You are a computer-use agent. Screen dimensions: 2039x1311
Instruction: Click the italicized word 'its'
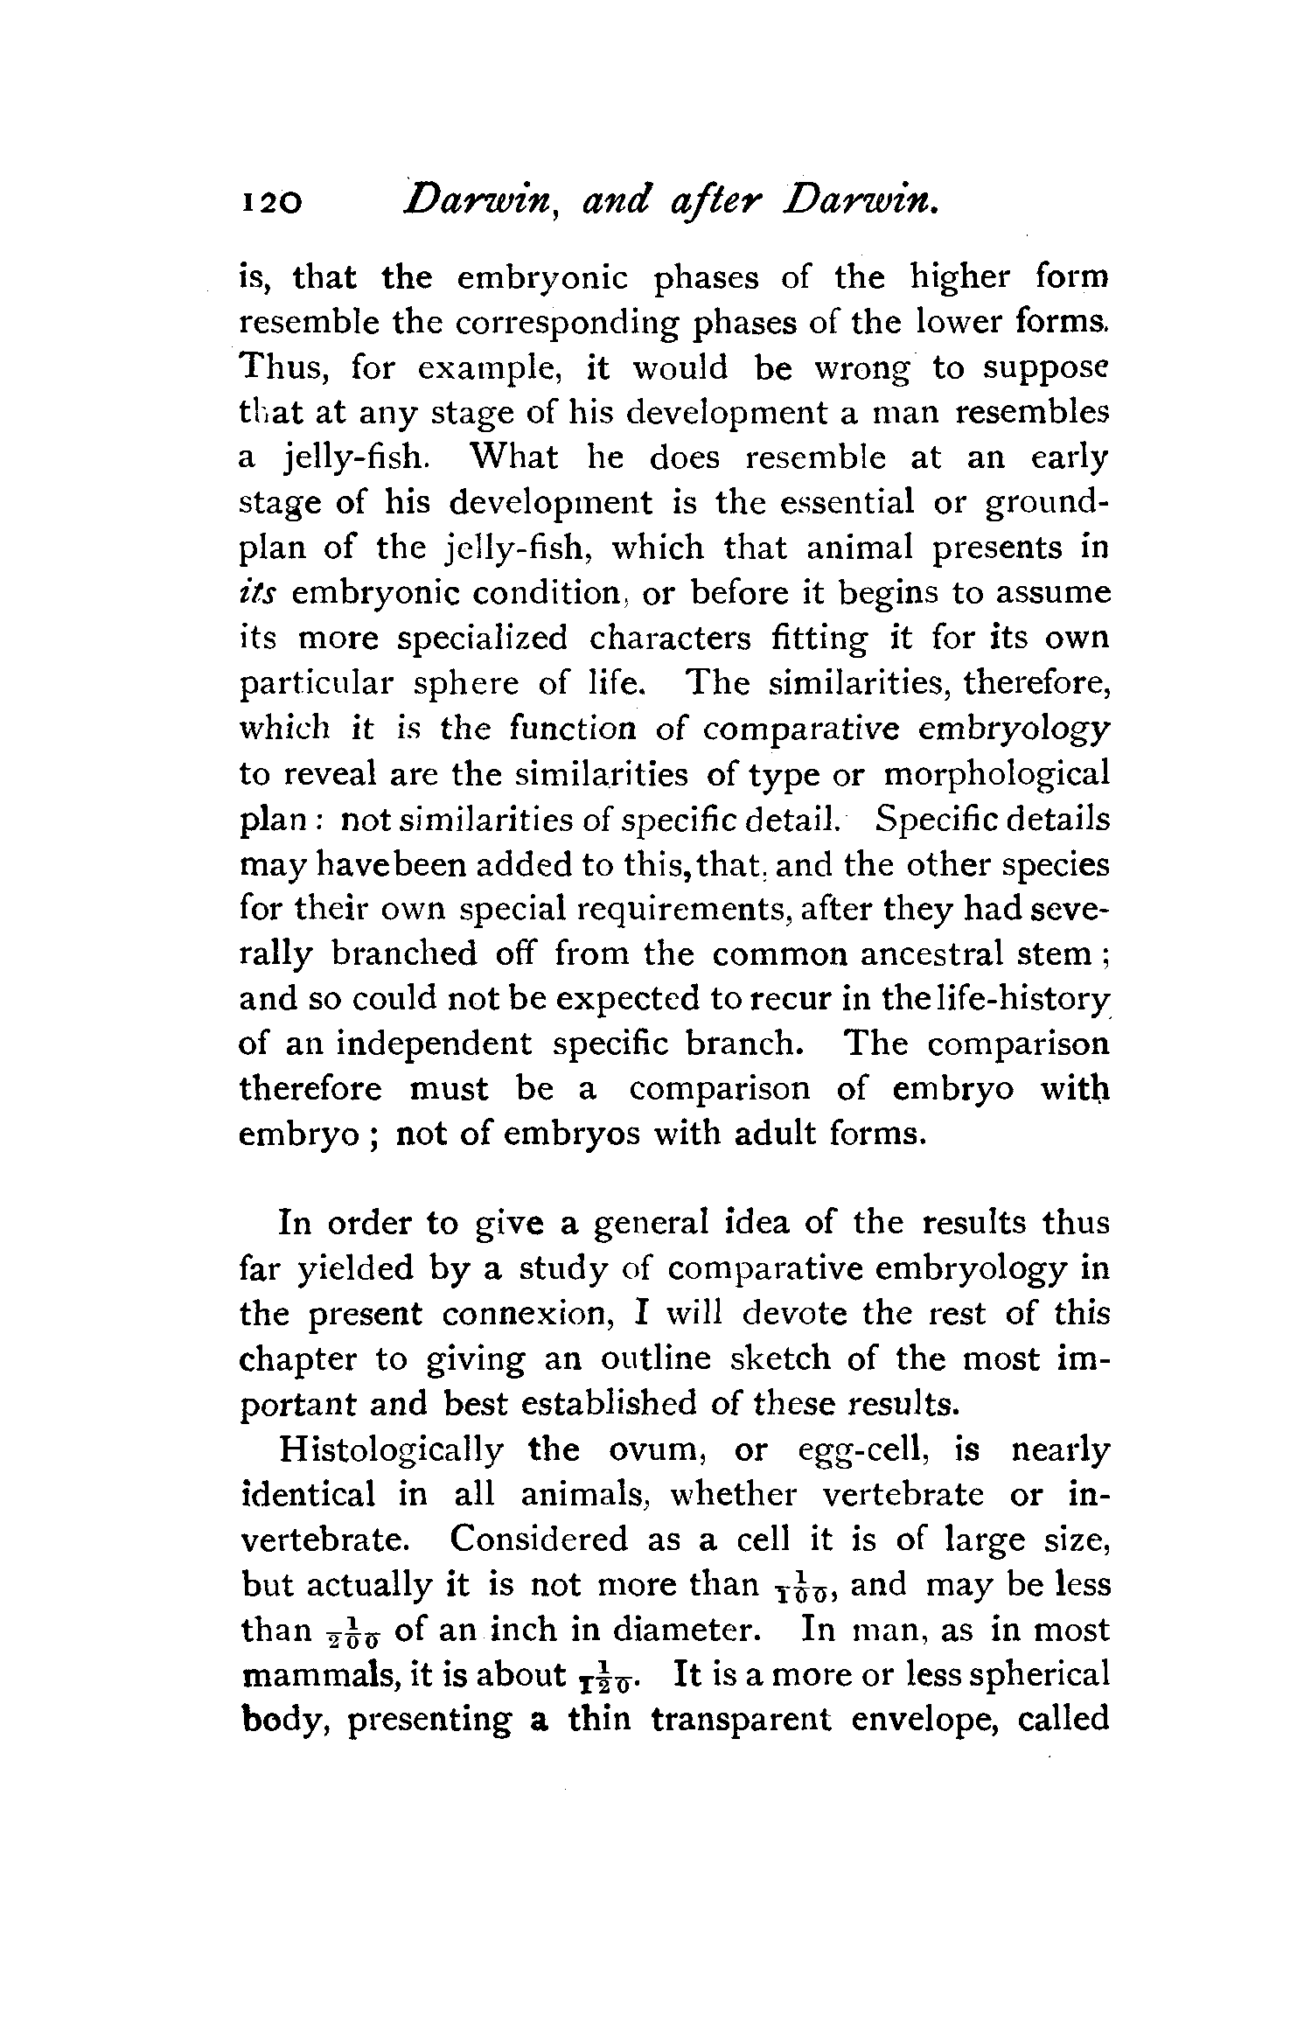260,594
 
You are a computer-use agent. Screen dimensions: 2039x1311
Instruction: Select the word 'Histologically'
391,1452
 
